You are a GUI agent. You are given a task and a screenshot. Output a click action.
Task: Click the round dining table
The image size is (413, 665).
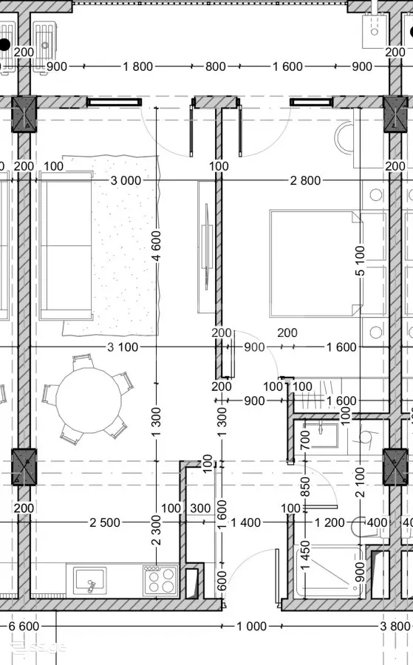89,400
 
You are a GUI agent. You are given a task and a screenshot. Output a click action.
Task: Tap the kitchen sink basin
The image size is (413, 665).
89,581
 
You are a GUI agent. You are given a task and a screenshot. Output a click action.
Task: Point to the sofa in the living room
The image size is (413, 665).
66,245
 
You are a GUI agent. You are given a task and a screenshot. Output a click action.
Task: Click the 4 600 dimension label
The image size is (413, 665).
156,246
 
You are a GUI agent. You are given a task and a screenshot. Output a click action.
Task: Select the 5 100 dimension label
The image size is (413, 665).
360,261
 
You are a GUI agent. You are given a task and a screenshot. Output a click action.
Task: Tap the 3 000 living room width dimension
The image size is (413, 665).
126,181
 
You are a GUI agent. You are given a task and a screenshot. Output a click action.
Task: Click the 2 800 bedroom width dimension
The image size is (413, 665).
305,181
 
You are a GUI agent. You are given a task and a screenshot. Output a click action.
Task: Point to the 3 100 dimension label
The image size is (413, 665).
123,347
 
